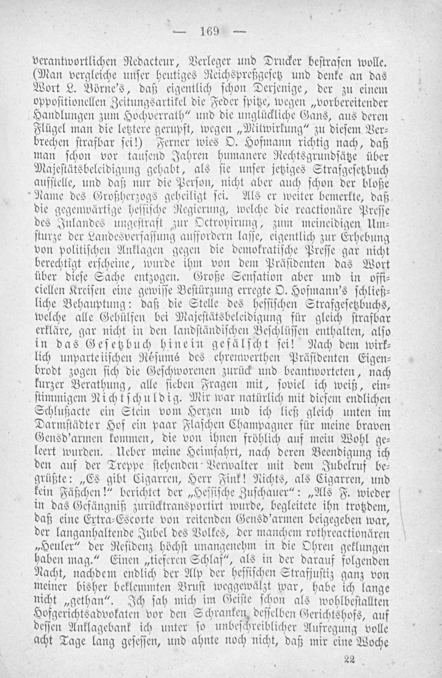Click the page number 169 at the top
(x=207, y=32)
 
